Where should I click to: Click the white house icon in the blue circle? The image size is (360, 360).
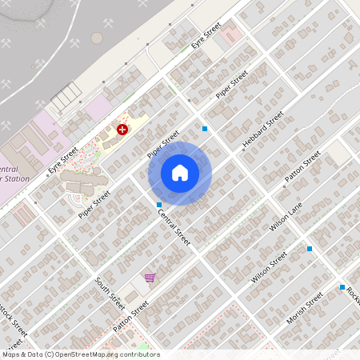[x=180, y=173]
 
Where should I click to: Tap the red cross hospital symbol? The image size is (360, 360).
[x=122, y=129]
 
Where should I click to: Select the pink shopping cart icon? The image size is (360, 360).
[x=149, y=278]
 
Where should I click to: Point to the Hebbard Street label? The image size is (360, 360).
[x=263, y=130]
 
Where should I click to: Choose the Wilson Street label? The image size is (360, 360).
[x=269, y=267]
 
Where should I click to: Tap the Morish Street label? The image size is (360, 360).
[x=304, y=308]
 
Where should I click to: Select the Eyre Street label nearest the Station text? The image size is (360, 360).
[x=63, y=159]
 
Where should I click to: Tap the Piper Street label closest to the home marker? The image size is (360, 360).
[x=164, y=144]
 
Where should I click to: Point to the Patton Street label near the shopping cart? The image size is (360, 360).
[x=131, y=316]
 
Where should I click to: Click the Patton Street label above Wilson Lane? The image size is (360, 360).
[x=302, y=170]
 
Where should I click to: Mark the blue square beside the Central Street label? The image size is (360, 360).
[x=158, y=206]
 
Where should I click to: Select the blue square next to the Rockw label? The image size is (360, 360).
[x=342, y=286]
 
